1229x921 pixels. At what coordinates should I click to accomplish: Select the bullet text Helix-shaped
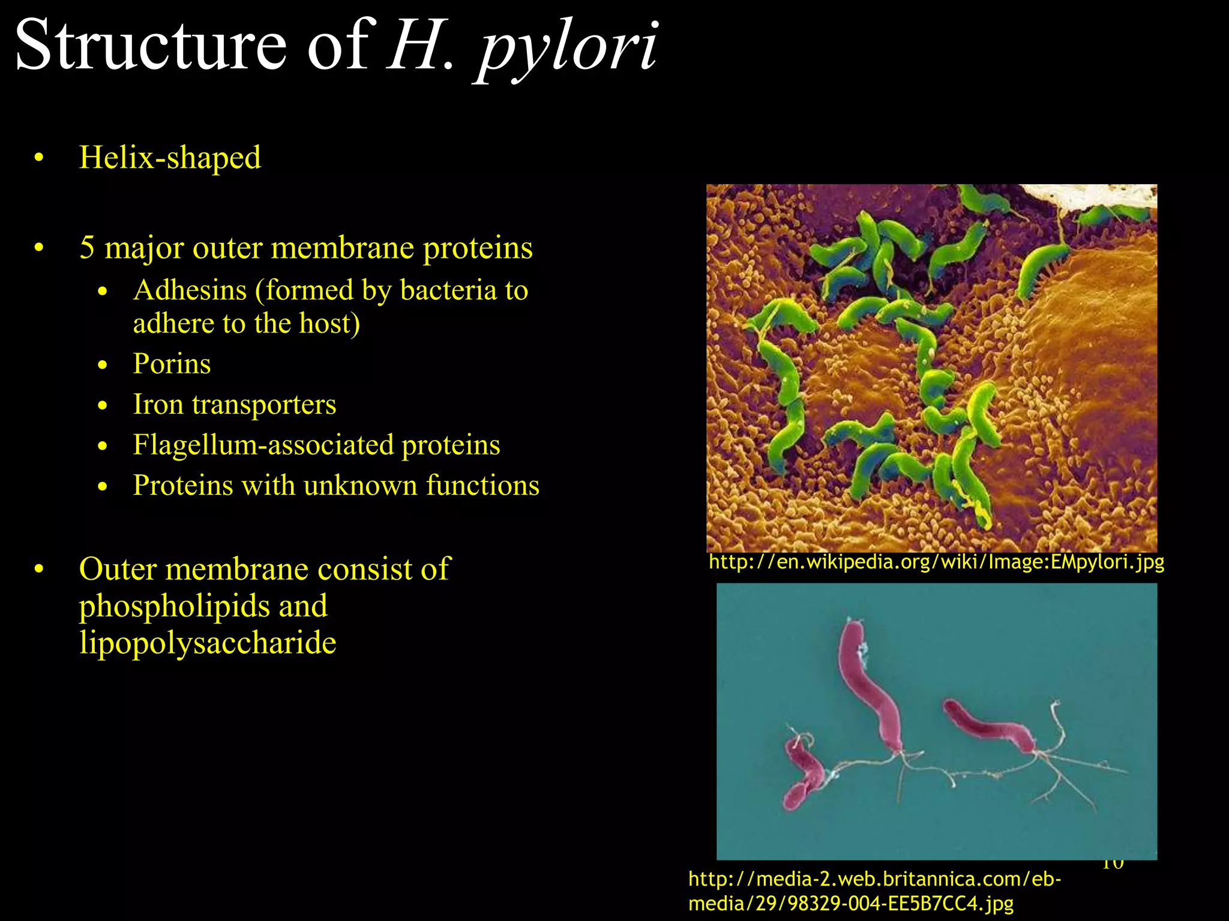[x=170, y=158]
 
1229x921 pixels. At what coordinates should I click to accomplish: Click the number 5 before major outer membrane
[x=87, y=248]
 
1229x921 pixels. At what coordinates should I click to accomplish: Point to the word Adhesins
[x=190, y=291]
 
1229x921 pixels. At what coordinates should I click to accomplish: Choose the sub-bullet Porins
[x=172, y=364]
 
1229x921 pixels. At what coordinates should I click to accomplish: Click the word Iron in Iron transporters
[x=158, y=405]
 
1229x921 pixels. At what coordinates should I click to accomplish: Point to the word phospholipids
[x=175, y=606]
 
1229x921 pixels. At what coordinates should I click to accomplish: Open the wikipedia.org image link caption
[x=936, y=562]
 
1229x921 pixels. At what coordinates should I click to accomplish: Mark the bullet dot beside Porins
[x=103, y=365]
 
